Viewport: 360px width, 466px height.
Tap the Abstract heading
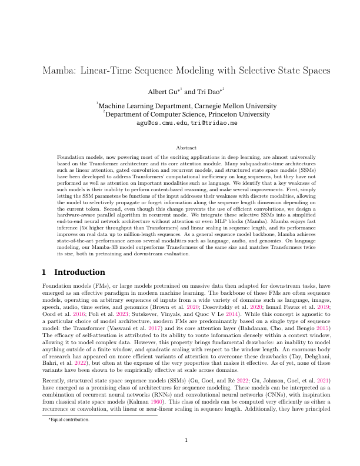click(180, 148)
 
